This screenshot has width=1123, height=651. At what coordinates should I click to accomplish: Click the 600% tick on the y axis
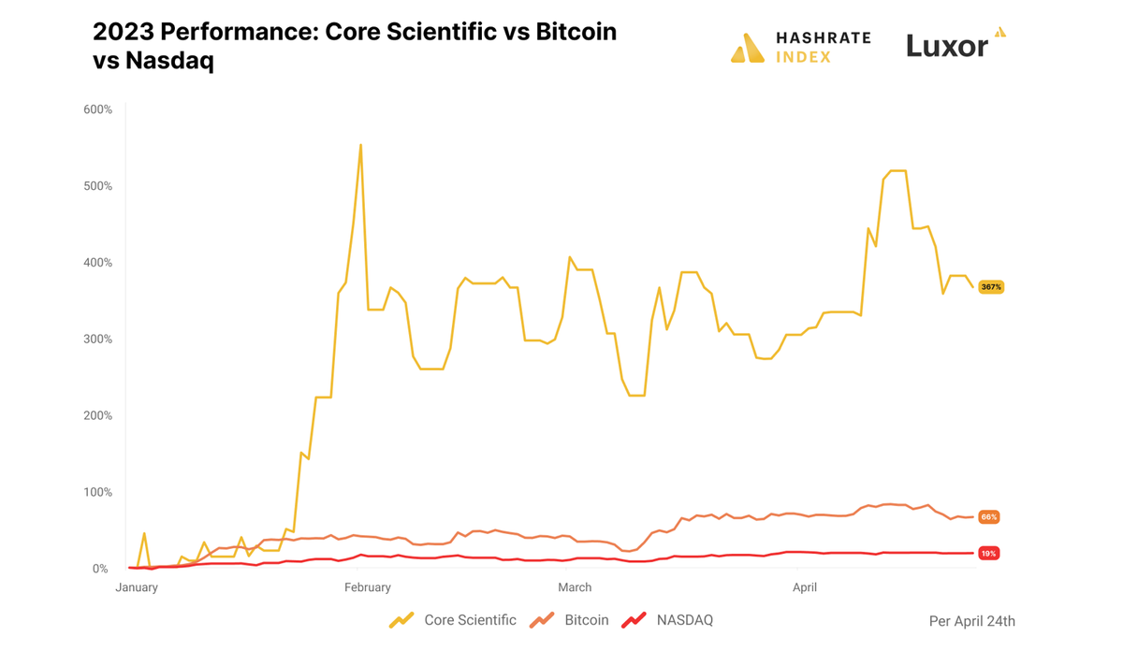(x=97, y=109)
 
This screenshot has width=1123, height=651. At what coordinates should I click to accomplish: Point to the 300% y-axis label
(x=97, y=340)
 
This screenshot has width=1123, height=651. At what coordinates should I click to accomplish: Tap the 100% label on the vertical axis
(x=97, y=492)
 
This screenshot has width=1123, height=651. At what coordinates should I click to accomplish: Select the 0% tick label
(x=100, y=569)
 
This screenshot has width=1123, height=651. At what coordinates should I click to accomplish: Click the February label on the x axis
(x=368, y=587)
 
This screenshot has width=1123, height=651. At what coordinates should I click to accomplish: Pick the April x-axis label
(x=805, y=587)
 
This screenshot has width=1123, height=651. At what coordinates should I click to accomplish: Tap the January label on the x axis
(x=137, y=587)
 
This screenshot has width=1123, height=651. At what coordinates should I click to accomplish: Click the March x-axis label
(x=575, y=587)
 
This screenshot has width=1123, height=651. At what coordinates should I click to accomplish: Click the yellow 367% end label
(x=991, y=287)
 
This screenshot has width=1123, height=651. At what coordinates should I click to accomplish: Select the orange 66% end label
(x=989, y=517)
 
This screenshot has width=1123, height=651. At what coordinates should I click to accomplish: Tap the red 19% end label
(x=989, y=554)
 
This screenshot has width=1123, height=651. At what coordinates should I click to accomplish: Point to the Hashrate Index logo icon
(x=747, y=49)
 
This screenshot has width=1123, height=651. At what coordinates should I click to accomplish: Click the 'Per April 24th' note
(x=971, y=621)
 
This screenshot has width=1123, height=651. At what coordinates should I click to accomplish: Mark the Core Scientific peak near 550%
(x=360, y=145)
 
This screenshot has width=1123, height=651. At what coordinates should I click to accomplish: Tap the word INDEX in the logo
(x=803, y=57)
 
